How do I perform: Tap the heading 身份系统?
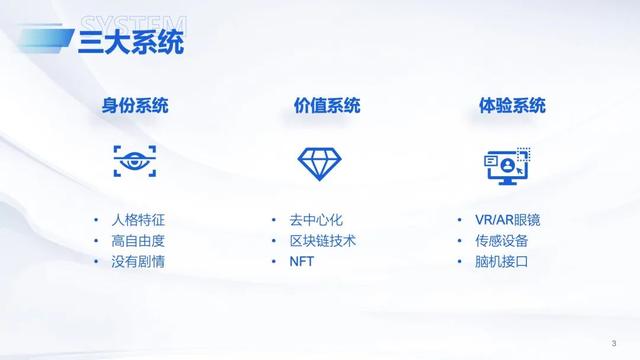coord(134,106)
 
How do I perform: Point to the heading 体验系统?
coord(506,106)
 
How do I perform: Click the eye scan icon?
coord(134,161)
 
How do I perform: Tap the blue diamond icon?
coord(320,162)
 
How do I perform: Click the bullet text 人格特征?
coord(138,220)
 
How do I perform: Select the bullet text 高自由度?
coord(138,241)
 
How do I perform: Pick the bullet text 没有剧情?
coord(138,262)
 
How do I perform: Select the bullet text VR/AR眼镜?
coord(508,220)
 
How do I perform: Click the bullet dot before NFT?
coord(274,262)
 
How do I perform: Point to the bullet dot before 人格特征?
coord(96,220)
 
